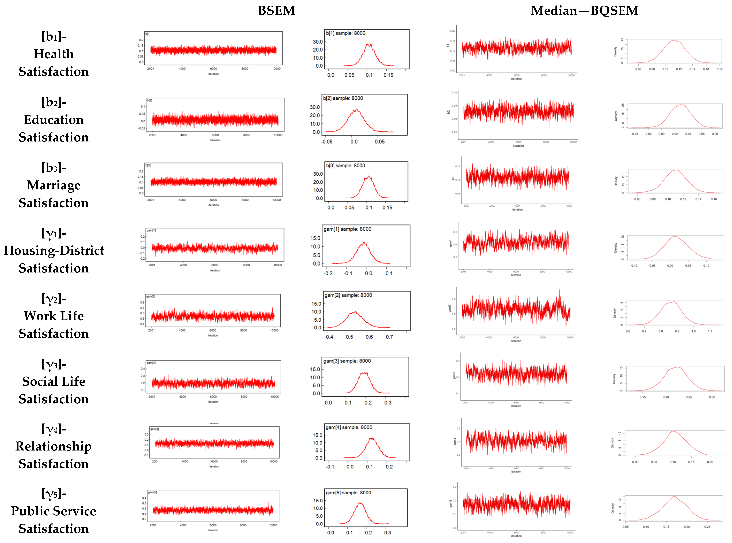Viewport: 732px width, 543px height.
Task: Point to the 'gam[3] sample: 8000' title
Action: (347, 361)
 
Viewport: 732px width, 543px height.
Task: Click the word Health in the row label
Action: (54, 54)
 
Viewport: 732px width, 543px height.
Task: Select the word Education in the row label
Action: (54, 120)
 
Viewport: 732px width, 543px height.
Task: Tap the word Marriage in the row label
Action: (54, 185)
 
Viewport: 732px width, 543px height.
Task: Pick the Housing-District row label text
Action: (54, 251)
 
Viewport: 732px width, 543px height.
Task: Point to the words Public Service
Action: (54, 511)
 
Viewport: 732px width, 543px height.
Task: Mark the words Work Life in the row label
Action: (54, 316)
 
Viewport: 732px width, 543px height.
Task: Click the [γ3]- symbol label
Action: (54, 364)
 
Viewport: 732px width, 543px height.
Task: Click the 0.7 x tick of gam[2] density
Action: (389, 337)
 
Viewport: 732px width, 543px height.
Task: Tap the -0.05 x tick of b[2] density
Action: (327, 142)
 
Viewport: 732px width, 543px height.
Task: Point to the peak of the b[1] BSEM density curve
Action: (369, 44)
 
